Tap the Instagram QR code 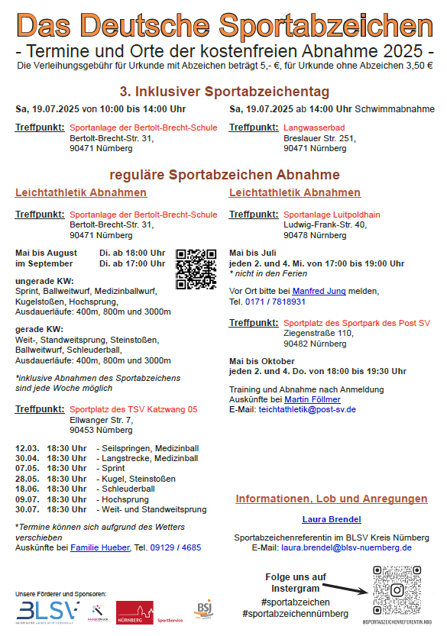click(397, 589)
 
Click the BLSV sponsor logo click(47, 610)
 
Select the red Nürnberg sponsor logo click(134, 613)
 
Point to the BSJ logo click(203, 609)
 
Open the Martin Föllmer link click(313, 399)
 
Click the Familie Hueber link click(100, 547)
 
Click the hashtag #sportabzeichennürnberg click(295, 614)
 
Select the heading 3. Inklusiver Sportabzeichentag click(225, 91)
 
